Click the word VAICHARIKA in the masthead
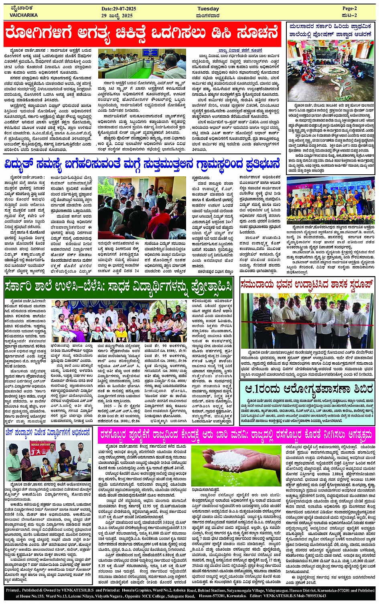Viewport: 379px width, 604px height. point(24,15)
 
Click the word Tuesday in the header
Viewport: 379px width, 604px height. point(208,9)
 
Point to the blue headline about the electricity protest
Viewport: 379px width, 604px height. point(142,164)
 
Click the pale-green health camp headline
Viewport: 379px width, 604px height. point(307,388)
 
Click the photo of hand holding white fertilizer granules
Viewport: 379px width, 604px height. point(236,466)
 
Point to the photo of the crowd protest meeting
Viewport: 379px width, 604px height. point(142,207)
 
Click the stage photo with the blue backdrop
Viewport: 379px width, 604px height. point(331,200)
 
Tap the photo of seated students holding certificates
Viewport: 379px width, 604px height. point(119,321)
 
